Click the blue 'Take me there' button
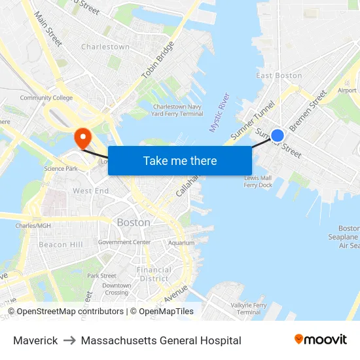point(180,160)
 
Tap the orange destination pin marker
point(83,137)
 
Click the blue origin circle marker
point(278,135)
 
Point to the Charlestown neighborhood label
point(105,47)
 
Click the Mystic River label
point(219,113)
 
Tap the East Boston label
point(279,76)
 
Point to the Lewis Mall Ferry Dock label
point(258,181)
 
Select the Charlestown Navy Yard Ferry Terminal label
point(177,110)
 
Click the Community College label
point(46,98)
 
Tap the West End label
point(90,191)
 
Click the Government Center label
point(124,242)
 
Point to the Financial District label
point(154,274)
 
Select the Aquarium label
point(181,243)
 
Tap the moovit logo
point(320,340)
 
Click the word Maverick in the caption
point(35,340)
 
